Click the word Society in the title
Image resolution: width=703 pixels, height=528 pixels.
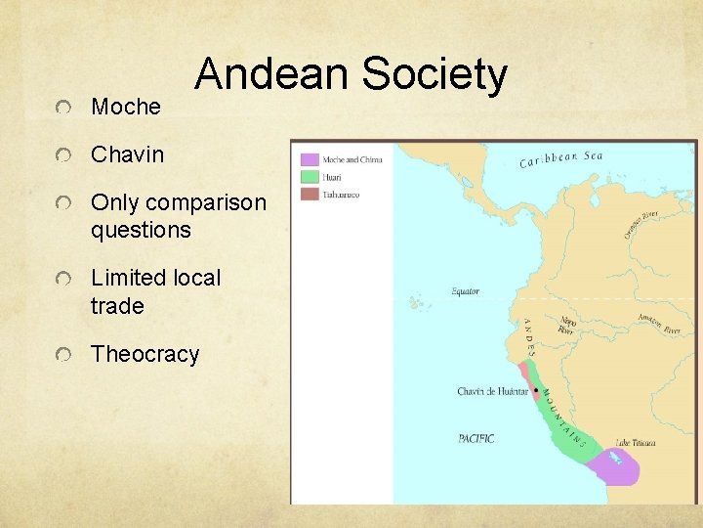click(x=434, y=74)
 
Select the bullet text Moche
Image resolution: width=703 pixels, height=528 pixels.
click(x=126, y=107)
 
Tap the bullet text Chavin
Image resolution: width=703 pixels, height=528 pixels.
click(x=128, y=154)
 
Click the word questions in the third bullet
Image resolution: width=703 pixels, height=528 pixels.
click(x=141, y=231)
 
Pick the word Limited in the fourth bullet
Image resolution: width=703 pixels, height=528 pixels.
click(x=130, y=278)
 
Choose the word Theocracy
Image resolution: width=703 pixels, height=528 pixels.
click(x=145, y=354)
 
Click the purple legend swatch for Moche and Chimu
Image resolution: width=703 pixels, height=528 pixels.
click(x=310, y=159)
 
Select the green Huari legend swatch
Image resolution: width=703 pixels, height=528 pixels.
click(x=310, y=177)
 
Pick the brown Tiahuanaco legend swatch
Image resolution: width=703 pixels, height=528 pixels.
click(x=310, y=195)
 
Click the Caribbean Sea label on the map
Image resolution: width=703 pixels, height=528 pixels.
click(x=560, y=158)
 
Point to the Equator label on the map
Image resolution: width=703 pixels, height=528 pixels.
click(x=465, y=291)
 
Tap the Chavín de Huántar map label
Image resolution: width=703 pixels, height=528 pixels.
click(x=491, y=392)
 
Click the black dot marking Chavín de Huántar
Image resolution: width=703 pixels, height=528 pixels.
click(x=535, y=391)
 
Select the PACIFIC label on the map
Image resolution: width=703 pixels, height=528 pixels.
click(x=476, y=438)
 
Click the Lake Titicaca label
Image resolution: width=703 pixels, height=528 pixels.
click(x=636, y=443)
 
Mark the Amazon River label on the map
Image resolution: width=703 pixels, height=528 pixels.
click(x=658, y=323)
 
